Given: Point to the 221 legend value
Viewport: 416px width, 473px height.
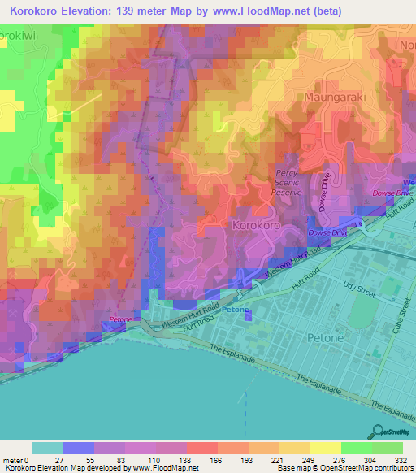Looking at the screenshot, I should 279,460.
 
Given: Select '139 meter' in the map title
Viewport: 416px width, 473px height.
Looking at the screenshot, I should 149,11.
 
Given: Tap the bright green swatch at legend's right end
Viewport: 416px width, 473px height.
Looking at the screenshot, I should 388,448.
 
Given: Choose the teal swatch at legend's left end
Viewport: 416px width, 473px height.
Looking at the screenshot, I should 47,448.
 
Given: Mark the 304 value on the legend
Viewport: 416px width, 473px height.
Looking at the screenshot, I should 371,460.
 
